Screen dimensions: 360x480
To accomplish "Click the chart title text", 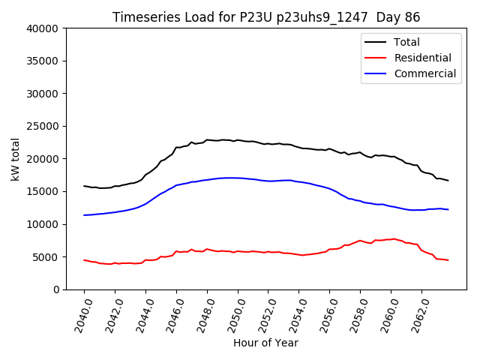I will tap(266, 17).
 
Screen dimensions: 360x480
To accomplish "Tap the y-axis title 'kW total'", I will tap(15, 159).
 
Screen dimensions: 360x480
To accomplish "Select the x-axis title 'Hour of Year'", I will tap(265, 343).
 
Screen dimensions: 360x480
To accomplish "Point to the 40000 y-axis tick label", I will tap(43, 28).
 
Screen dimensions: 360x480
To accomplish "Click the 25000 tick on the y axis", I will tap(43, 126).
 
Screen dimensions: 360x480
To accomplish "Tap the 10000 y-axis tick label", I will tap(43, 224).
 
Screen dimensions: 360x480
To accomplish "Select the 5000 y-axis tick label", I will tap(46, 256).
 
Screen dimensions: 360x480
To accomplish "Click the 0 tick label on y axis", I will tap(56, 289).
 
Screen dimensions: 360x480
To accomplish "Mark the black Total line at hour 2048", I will tap(207, 139).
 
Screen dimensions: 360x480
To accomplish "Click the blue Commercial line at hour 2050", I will tap(238, 178).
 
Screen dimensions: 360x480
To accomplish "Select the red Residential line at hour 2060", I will tap(391, 239).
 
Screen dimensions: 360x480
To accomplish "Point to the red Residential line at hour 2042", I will tap(115, 263).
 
